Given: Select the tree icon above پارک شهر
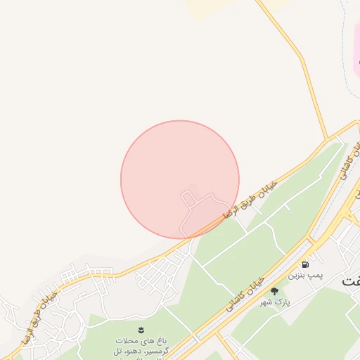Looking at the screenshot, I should [x=274, y=290].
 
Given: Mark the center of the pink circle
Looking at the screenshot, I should [x=180, y=179].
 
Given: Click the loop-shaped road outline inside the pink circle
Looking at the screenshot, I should [x=191, y=211].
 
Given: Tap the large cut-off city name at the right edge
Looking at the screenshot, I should [x=351, y=279].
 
